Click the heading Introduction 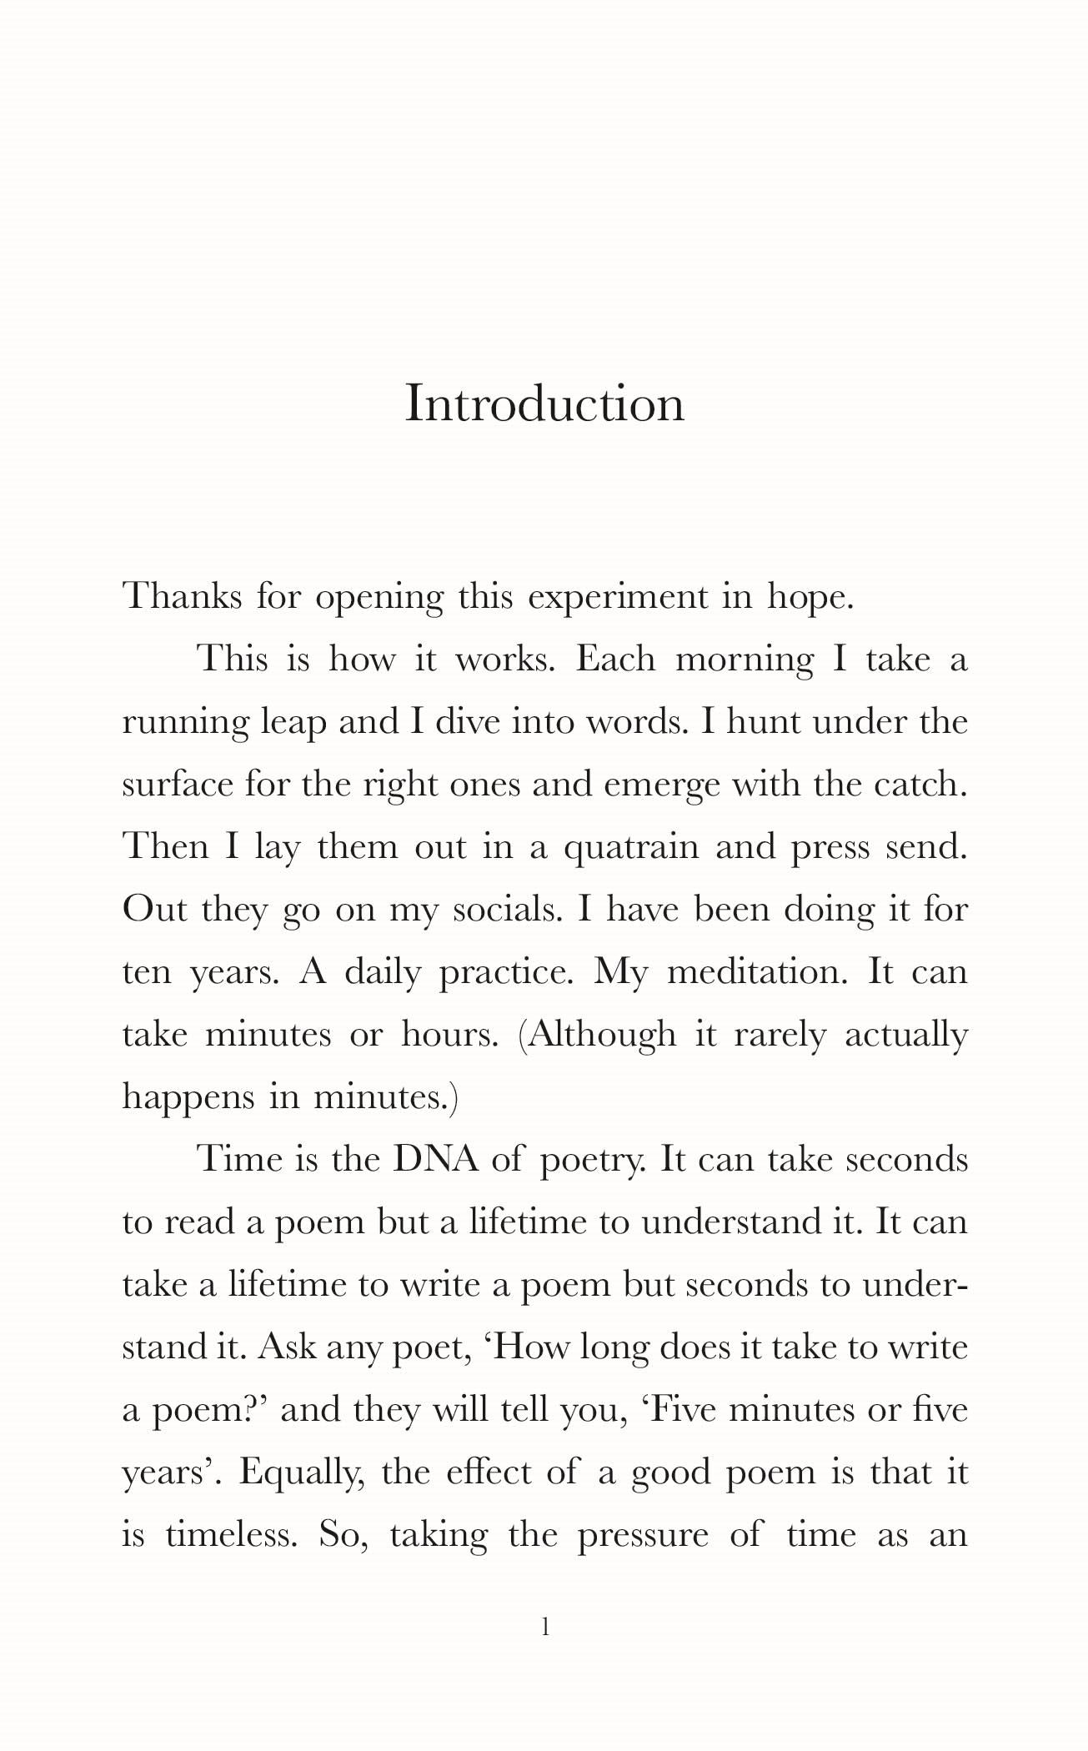tap(544, 404)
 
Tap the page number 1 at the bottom tap(545, 1627)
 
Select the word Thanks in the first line tap(183, 597)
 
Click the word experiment tap(617, 597)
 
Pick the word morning tap(745, 660)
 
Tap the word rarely tap(780, 1035)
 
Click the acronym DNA tap(435, 1160)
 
